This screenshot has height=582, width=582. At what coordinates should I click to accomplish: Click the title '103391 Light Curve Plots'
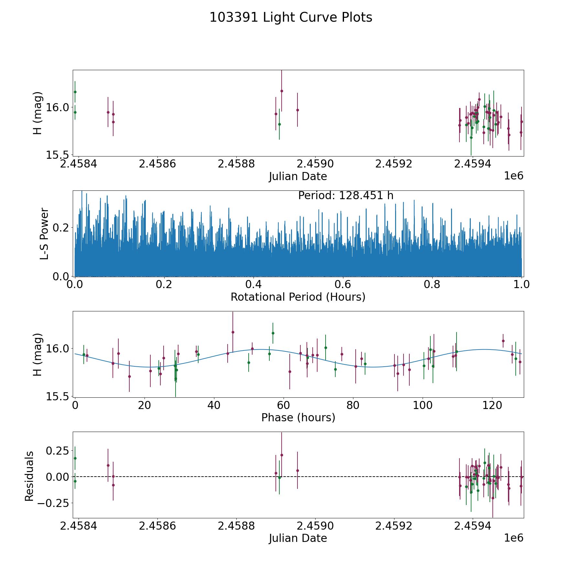pyautogui.click(x=291, y=17)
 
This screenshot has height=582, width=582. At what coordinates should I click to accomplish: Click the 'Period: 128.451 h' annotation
pyautogui.click(x=346, y=196)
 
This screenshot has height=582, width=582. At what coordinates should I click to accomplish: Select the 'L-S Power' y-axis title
pyautogui.click(x=44, y=233)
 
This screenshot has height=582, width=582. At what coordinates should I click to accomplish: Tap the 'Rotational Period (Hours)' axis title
pyautogui.click(x=298, y=297)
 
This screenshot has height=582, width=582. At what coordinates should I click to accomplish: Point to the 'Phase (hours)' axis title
pyautogui.click(x=298, y=417)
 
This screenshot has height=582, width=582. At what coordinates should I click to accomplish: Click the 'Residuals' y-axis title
pyautogui.click(x=29, y=476)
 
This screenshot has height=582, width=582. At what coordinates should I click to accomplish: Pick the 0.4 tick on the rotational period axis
pyautogui.click(x=253, y=285)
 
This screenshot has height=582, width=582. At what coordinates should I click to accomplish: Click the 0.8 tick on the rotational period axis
pyautogui.click(x=432, y=285)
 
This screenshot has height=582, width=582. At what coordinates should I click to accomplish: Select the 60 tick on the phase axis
pyautogui.click(x=284, y=405)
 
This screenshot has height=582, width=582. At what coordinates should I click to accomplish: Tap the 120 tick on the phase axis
pyautogui.click(x=492, y=405)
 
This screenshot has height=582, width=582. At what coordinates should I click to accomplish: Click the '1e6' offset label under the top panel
pyautogui.click(x=513, y=176)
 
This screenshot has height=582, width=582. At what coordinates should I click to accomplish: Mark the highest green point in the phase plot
pyautogui.click(x=273, y=333)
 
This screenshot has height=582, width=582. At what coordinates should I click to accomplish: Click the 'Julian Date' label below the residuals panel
pyautogui.click(x=298, y=538)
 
